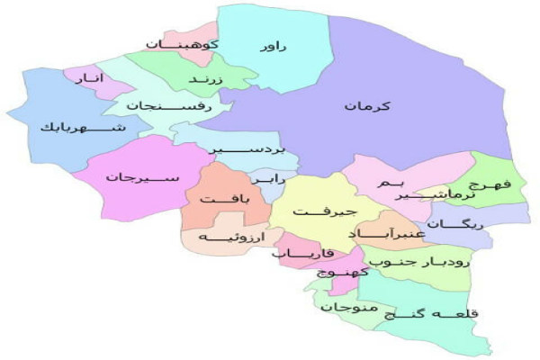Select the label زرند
pos(204,80)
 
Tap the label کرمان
pos(366,106)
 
